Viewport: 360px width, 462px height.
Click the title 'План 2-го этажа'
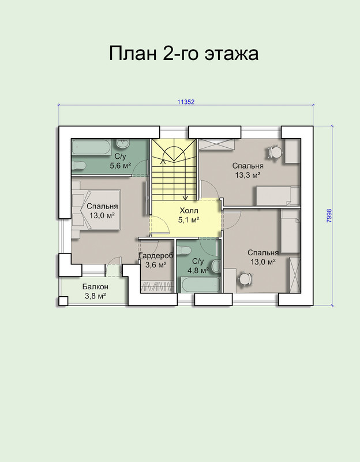183,53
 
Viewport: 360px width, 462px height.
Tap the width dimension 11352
186,102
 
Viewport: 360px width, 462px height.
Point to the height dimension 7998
329,215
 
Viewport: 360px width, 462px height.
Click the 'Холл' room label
189,211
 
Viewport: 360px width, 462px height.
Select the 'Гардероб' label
156,256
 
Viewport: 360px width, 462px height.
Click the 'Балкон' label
95,286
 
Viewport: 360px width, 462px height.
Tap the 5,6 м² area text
121,166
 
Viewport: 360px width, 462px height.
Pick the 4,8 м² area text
198,270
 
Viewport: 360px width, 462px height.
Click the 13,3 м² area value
247,176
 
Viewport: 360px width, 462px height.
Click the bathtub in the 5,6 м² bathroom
91,147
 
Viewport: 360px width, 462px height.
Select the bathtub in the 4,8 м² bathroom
200,284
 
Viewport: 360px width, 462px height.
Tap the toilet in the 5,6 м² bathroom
78,165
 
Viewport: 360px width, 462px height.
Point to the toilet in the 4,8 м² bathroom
184,250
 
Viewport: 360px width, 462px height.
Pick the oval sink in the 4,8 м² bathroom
216,266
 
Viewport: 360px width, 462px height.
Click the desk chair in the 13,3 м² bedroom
275,152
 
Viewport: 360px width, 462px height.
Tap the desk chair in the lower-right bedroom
245,278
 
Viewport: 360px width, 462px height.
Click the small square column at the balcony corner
63,301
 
